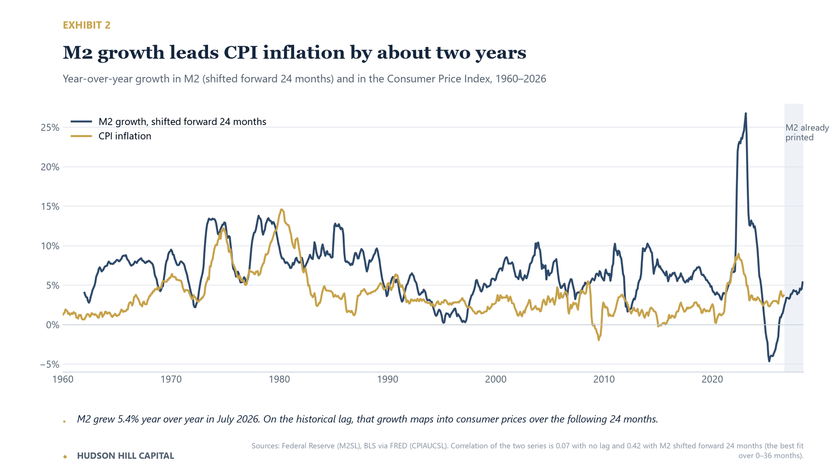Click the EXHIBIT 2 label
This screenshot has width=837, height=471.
tap(86, 25)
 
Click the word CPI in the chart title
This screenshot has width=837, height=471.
tap(240, 52)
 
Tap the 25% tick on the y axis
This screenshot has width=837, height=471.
tap(50, 127)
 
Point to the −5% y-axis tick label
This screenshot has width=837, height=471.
tap(50, 364)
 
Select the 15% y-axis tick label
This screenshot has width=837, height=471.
tap(50, 206)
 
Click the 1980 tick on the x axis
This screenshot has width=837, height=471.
tap(279, 379)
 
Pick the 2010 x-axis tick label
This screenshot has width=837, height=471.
tap(604, 379)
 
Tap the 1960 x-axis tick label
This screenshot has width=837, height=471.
tap(62, 379)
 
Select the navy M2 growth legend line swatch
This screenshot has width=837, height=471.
tap(81, 122)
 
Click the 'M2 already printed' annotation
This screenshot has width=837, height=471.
tap(807, 132)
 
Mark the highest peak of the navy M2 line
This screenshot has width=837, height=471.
tap(746, 113)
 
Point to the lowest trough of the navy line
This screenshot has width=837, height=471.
tap(769, 361)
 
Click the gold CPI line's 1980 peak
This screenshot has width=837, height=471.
tap(281, 210)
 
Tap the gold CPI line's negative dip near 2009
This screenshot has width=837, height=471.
tap(599, 339)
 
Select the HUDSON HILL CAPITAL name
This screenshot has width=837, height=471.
tap(126, 456)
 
